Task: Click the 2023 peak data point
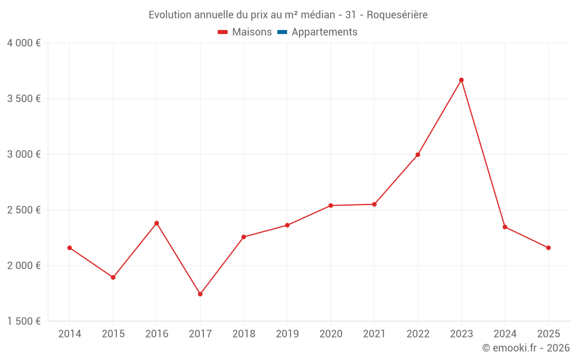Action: tap(461, 80)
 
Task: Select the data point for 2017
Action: tap(200, 294)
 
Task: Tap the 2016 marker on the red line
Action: tap(157, 223)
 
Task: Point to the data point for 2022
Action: tap(418, 154)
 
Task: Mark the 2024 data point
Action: tap(505, 227)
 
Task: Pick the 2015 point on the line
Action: tap(113, 278)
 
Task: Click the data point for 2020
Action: tap(331, 206)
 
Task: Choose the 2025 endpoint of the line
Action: tap(548, 248)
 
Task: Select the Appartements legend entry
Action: tap(324, 32)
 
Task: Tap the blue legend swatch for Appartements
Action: tap(282, 32)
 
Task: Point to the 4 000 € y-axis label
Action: tap(24, 43)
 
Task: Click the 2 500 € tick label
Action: tap(24, 210)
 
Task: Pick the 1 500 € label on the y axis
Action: tap(24, 321)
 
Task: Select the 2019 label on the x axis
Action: tap(287, 334)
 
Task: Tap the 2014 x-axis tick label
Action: tap(70, 334)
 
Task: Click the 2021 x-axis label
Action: tap(374, 334)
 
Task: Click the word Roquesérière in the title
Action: tap(397, 15)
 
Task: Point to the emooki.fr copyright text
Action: tap(525, 348)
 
